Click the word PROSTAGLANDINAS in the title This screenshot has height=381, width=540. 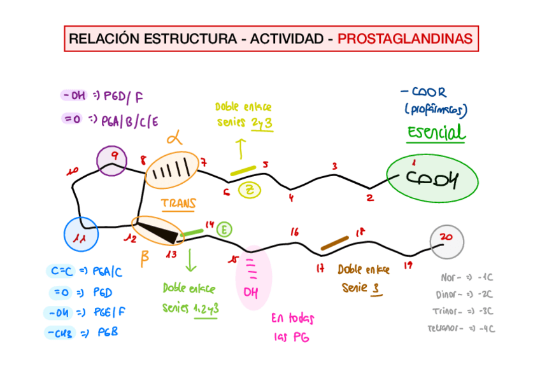coord(405,39)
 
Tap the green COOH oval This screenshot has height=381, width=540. coord(432,179)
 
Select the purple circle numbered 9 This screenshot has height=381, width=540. coord(111,160)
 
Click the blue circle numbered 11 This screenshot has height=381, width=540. coord(81,235)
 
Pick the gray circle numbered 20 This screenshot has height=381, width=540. coord(446,240)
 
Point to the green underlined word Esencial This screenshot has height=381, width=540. coord(436,133)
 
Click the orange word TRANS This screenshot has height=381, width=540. coord(178,204)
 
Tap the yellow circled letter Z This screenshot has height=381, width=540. coord(250,189)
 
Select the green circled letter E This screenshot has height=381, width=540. coord(224,229)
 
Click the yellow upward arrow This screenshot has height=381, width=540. coord(241,149)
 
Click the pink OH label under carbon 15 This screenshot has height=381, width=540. coord(251,293)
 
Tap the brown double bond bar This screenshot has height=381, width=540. coord(334,243)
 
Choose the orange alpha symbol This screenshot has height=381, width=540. coord(174,137)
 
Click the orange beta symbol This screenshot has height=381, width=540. coord(145,257)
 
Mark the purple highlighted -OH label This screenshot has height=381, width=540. coord(74,96)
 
